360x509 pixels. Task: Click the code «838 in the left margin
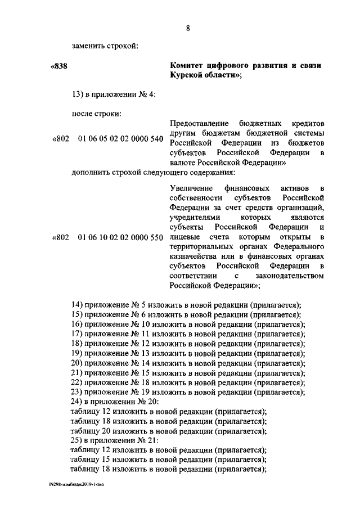click(59, 66)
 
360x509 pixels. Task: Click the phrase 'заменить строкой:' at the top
click(105, 46)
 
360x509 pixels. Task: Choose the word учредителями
click(195, 217)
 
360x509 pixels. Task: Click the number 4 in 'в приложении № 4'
click(145, 93)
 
